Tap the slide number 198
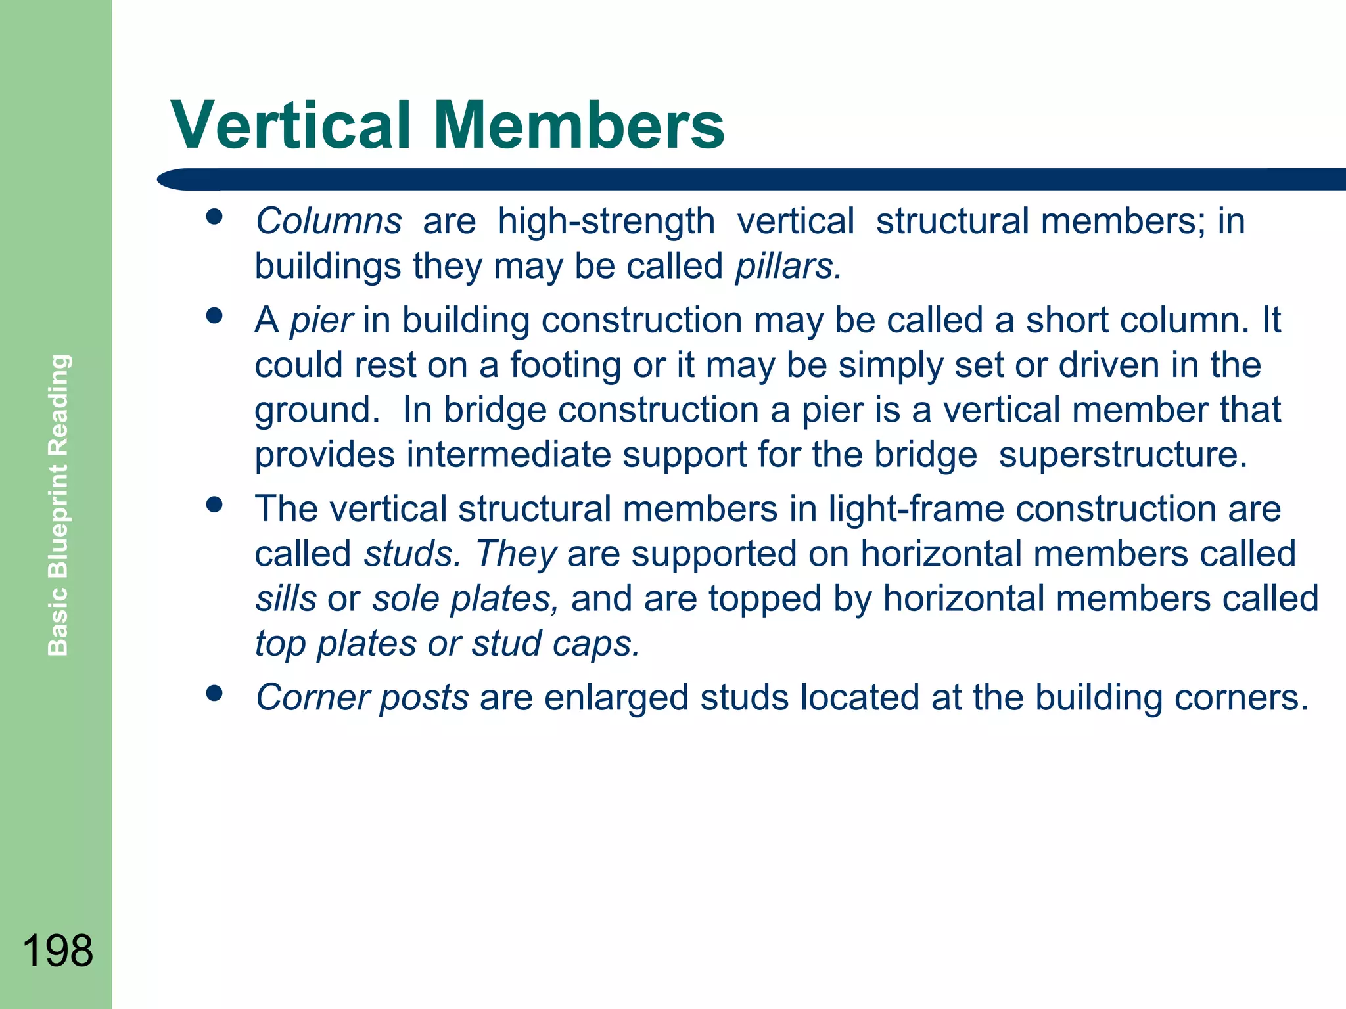point(57,951)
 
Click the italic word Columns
point(329,221)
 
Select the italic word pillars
point(787,266)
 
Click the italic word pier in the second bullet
point(321,321)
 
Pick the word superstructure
point(1123,455)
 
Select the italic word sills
point(286,598)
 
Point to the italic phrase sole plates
point(465,598)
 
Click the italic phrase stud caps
point(555,643)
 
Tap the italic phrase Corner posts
point(362,697)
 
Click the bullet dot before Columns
point(214,217)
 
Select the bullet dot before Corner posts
point(214,693)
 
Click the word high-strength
point(606,221)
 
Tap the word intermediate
point(509,455)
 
